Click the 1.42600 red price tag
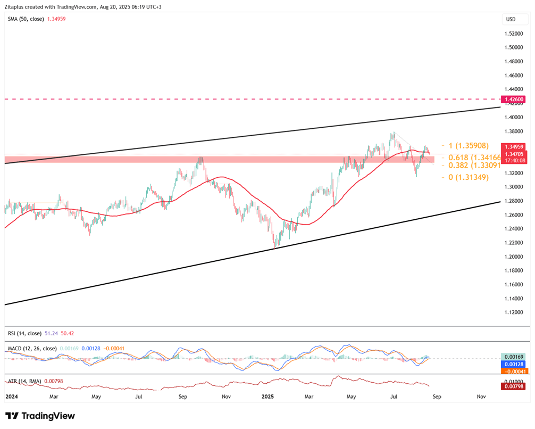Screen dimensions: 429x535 pos(514,99)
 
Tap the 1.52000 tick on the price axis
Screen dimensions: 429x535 pos(514,33)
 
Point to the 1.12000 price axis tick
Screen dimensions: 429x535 pos(514,312)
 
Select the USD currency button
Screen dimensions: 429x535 pos(511,19)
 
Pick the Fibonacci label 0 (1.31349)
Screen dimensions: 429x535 pos(469,177)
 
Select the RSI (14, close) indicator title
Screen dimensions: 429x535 pos(24,333)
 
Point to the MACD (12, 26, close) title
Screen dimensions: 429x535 pos(32,348)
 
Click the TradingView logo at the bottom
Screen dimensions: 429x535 pos(40,416)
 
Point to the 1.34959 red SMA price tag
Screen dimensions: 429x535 pos(514,146)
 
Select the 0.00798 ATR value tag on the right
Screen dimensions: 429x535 pos(514,386)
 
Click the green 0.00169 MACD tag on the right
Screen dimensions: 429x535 pos(514,357)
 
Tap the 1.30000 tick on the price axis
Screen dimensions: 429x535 pos(514,187)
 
